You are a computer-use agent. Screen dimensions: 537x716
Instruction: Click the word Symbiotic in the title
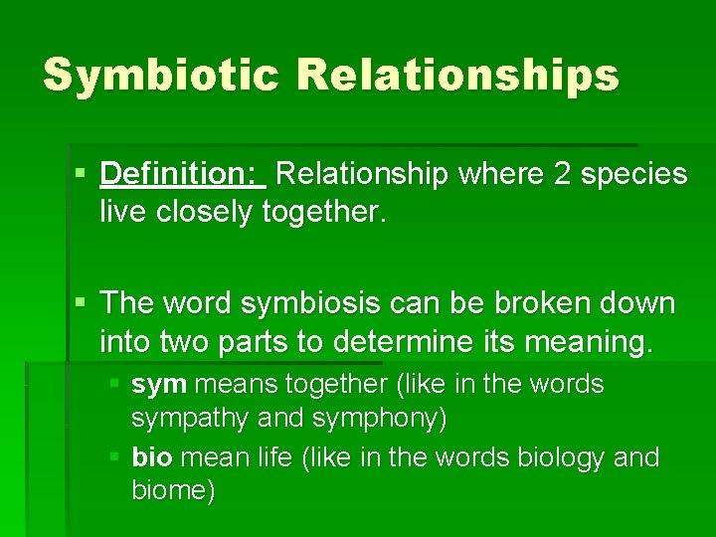point(160,76)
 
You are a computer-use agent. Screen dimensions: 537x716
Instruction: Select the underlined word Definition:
point(182,174)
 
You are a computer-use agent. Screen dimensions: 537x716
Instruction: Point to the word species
point(633,175)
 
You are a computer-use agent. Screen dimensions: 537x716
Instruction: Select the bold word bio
point(151,457)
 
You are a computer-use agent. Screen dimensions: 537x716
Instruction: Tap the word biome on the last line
point(172,491)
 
